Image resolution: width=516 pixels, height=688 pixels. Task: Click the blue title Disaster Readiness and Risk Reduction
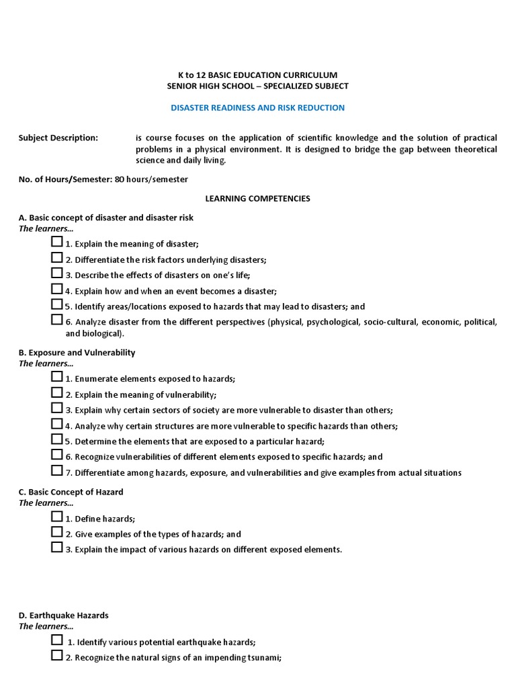[x=257, y=107]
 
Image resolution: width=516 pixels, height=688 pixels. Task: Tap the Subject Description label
[x=58, y=138]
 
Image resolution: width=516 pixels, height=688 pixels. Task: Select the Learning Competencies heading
[x=257, y=198]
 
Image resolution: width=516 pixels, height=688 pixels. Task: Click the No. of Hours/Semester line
[x=103, y=179]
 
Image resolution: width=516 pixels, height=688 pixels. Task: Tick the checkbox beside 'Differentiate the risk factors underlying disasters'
[x=57, y=258]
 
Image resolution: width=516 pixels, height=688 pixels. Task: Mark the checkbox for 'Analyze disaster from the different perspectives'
[x=57, y=320]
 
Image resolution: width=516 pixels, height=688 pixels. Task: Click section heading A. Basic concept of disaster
[x=105, y=218]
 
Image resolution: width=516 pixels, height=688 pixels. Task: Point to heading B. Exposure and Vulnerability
[x=77, y=353]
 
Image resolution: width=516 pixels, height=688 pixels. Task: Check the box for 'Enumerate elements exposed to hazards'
[x=57, y=377]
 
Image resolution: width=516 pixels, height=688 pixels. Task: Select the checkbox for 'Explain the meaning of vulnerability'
[x=57, y=393]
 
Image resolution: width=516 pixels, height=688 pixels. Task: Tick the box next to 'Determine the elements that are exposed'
[x=57, y=439]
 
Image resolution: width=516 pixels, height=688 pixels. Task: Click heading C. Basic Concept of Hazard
[x=71, y=492]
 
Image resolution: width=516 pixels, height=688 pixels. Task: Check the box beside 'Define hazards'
[x=57, y=517]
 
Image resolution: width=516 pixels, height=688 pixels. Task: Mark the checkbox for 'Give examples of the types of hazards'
[x=57, y=532]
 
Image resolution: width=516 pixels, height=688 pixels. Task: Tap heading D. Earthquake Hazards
[x=63, y=615]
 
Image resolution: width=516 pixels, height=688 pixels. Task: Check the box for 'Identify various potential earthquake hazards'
[x=57, y=640]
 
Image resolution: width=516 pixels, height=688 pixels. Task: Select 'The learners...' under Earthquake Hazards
[x=46, y=626]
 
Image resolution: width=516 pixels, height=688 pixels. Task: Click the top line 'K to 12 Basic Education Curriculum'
[x=257, y=75]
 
